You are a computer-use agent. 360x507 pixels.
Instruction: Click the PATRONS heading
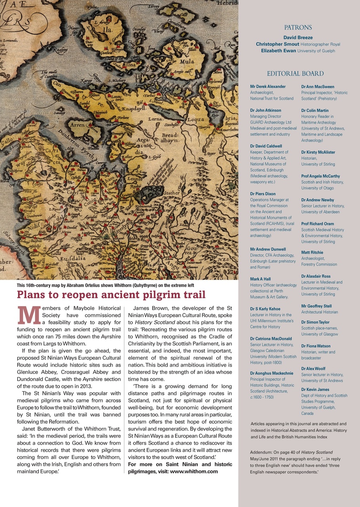298,28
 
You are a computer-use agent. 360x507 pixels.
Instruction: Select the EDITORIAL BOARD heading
295,74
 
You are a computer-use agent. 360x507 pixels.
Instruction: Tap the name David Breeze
298,38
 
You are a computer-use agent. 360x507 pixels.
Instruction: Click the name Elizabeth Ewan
278,51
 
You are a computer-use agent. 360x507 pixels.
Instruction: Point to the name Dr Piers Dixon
263,194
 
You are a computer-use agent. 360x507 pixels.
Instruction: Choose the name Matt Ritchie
312,252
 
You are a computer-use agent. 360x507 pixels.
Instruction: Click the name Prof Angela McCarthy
320,176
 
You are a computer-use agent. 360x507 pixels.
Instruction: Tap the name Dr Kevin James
315,389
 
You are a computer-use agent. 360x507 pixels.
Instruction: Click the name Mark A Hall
260,279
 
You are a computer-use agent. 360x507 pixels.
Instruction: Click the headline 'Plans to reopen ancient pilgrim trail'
111,295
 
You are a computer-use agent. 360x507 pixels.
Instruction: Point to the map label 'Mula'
187,62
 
